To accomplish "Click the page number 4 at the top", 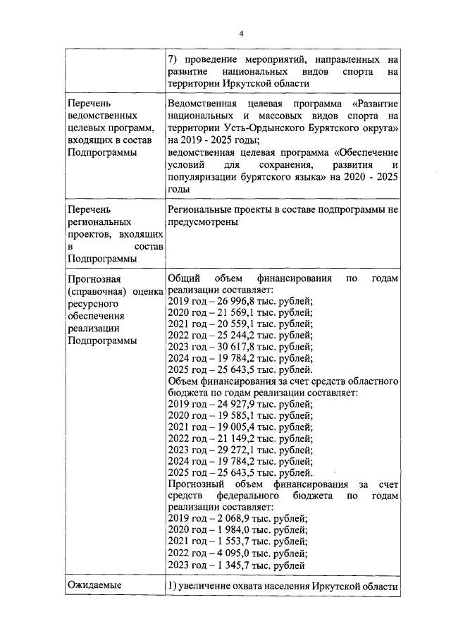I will pyautogui.click(x=240, y=33).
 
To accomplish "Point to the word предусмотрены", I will pyautogui.click(x=202, y=221).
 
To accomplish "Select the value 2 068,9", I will pyautogui.click(x=230, y=518).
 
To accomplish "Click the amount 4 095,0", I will pyautogui.click(x=230, y=553).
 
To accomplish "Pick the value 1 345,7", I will pyautogui.click(x=230, y=564).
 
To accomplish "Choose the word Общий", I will pyautogui.click(x=185, y=279).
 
